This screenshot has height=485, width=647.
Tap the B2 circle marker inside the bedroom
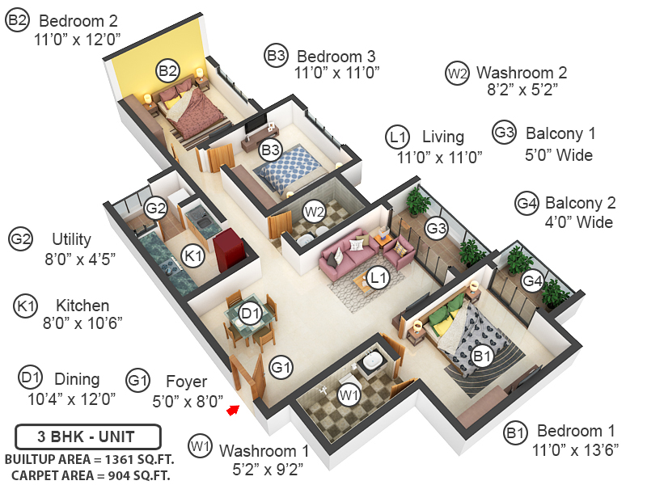167,72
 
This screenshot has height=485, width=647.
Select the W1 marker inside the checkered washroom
349,395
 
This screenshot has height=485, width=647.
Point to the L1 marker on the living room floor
377,278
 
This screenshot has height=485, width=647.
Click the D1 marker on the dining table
250,313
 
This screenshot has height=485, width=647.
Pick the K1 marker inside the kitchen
192,255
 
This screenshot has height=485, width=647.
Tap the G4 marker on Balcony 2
531,281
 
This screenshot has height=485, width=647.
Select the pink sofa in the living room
346,256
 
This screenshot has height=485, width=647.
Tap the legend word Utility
71,239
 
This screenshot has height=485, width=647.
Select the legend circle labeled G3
504,133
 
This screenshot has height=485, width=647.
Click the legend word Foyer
186,381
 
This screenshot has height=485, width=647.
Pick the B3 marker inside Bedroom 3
269,150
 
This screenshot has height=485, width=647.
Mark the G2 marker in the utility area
155,209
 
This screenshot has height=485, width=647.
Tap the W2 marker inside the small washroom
314,213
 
